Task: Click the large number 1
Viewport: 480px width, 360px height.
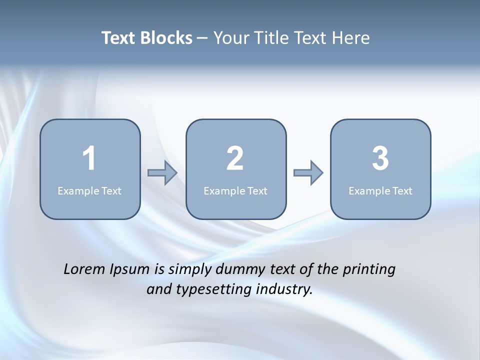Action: [89, 158]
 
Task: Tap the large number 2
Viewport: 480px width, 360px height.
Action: [235, 158]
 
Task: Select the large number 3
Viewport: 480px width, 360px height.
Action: [380, 158]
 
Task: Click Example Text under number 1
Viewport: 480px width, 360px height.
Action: [89, 190]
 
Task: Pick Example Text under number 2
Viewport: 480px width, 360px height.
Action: [235, 190]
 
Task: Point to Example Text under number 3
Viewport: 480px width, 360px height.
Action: [380, 190]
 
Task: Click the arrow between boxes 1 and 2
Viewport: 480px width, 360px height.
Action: [162, 173]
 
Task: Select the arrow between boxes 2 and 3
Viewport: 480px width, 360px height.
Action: [308, 173]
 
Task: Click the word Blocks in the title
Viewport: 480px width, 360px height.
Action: [166, 38]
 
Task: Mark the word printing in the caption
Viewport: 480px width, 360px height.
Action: [369, 270]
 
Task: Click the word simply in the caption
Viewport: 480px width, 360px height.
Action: [190, 270]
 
